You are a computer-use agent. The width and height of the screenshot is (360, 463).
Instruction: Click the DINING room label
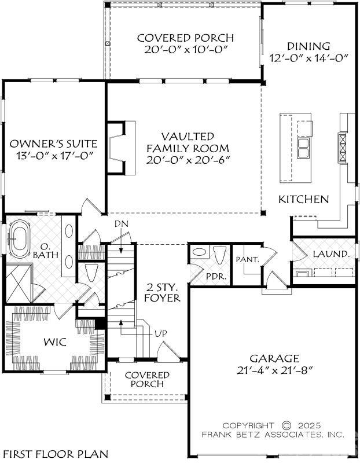(x=308, y=46)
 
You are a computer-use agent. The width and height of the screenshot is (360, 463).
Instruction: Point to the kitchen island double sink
(x=303, y=148)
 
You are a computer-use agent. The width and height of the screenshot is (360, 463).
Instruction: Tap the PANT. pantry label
(x=247, y=260)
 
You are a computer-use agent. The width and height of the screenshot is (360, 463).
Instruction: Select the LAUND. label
(x=331, y=253)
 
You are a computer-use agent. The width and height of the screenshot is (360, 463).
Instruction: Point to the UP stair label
(x=161, y=334)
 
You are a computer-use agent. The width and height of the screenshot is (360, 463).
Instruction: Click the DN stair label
(x=120, y=224)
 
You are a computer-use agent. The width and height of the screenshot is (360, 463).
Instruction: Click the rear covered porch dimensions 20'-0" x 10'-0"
(x=185, y=50)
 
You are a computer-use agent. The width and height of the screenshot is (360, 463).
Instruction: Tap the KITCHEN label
(x=304, y=199)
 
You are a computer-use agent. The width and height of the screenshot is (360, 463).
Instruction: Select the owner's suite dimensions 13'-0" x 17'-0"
(x=53, y=156)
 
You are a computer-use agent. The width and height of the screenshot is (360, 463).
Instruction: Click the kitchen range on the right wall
(x=341, y=148)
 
